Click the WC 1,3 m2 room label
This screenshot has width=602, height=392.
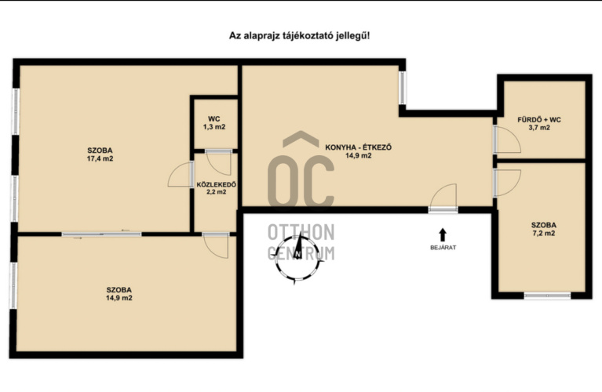click(214, 123)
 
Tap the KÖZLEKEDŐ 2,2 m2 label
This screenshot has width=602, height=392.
click(216, 188)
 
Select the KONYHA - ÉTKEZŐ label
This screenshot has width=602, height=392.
click(358, 151)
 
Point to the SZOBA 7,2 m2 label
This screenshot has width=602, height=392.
click(544, 229)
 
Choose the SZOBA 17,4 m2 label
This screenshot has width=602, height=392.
click(100, 154)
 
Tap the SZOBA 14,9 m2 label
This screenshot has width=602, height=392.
click(119, 294)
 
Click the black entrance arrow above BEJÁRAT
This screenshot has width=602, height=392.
click(443, 234)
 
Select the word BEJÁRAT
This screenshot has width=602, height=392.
click(443, 248)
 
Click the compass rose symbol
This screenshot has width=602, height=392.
click(298, 258)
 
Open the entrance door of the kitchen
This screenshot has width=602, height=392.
click(443, 198)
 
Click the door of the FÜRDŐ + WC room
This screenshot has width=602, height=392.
click(507, 140)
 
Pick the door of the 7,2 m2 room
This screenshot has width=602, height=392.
click(507, 183)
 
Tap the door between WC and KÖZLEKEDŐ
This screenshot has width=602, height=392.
click(219, 162)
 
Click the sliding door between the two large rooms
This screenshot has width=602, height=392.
click(101, 234)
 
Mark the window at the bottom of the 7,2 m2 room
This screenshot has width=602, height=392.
click(547, 296)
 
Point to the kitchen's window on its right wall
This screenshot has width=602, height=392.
click(402, 88)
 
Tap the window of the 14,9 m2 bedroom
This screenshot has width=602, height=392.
click(14, 285)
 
